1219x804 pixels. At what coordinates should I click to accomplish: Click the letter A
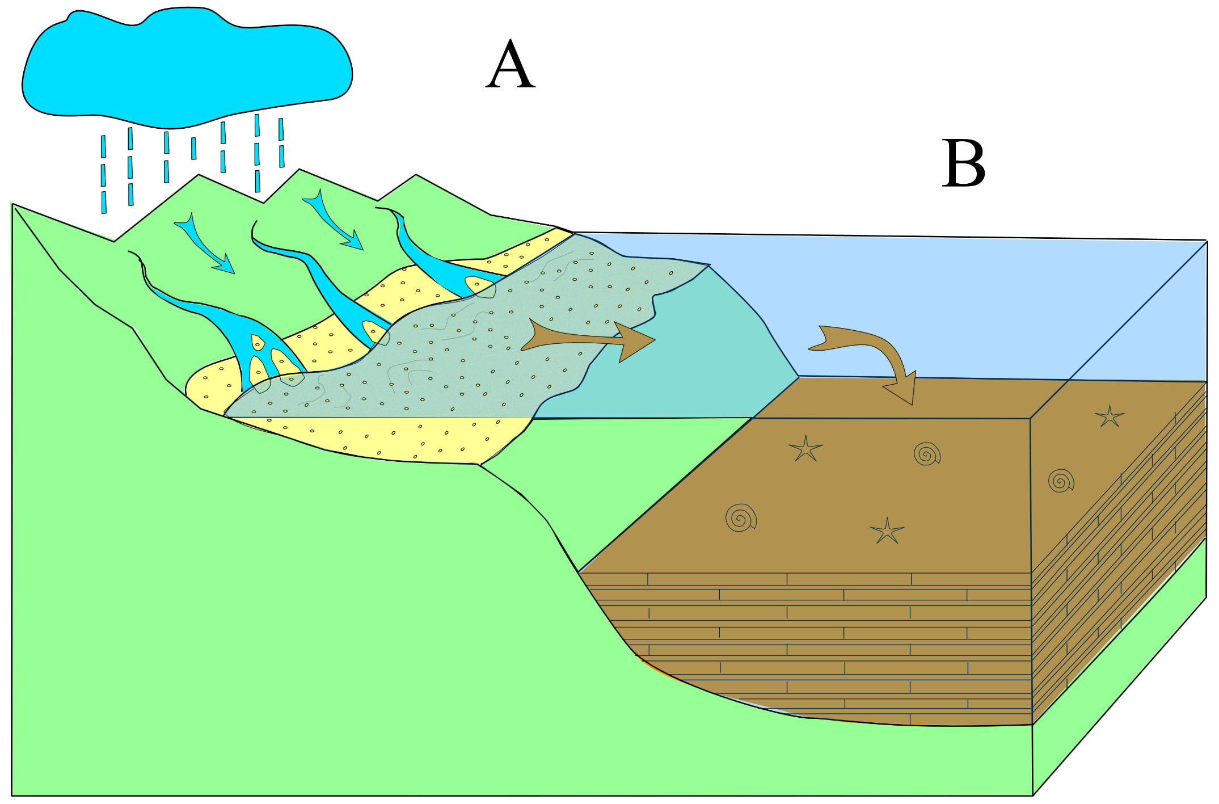point(510,65)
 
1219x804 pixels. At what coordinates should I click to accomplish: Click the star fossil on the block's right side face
point(1109,416)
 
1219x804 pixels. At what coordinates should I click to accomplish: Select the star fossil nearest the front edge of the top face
point(887,531)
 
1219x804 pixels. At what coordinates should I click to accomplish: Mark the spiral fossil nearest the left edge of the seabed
point(741,517)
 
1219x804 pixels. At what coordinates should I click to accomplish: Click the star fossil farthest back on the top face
point(805,449)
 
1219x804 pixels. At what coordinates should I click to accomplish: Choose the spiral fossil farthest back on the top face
point(927,454)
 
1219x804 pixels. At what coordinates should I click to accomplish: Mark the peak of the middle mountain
point(299,170)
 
